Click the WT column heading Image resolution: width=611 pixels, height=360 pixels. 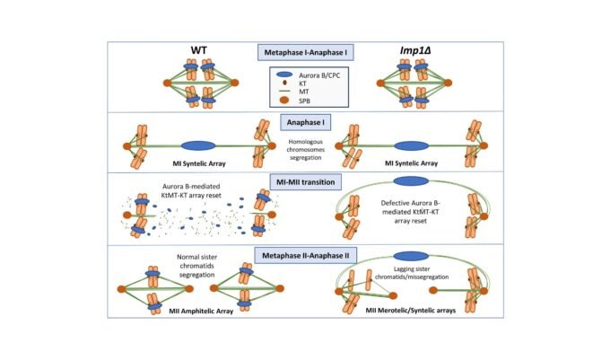pyautogui.click(x=198, y=50)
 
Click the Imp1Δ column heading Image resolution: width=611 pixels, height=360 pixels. pyautogui.click(x=415, y=50)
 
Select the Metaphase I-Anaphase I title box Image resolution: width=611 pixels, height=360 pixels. pyautogui.click(x=305, y=52)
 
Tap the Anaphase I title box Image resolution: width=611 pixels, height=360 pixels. pyautogui.click(x=305, y=122)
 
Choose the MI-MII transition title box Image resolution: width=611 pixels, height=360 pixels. pyautogui.click(x=305, y=182)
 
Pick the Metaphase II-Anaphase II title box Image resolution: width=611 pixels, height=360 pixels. pyautogui.click(x=305, y=256)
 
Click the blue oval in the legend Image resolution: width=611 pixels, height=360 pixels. pyautogui.click(x=284, y=75)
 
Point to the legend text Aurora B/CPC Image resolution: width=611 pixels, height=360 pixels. pyautogui.click(x=319, y=75)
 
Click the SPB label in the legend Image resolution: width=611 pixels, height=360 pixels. pyautogui.click(x=304, y=101)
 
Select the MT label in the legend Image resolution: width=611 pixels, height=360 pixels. pyautogui.click(x=303, y=92)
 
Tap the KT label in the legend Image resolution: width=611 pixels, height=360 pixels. pyautogui.click(x=302, y=83)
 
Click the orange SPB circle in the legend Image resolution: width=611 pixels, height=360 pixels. pyautogui.click(x=284, y=101)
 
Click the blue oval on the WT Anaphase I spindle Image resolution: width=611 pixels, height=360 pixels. pyautogui.click(x=198, y=145)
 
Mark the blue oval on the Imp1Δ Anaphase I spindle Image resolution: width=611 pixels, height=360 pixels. pyautogui.click(x=412, y=145)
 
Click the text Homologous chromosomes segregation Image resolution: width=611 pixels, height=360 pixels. pyautogui.click(x=305, y=150)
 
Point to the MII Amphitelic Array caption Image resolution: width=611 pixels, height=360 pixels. pyautogui.click(x=201, y=312)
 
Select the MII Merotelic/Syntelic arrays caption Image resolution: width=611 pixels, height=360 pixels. pyautogui.click(x=411, y=311)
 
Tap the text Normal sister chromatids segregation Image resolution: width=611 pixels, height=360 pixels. pyautogui.click(x=197, y=266)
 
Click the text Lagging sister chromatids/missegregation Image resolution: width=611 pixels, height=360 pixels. pyautogui.click(x=412, y=273)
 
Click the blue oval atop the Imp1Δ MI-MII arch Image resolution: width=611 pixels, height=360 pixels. pyautogui.click(x=411, y=181)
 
